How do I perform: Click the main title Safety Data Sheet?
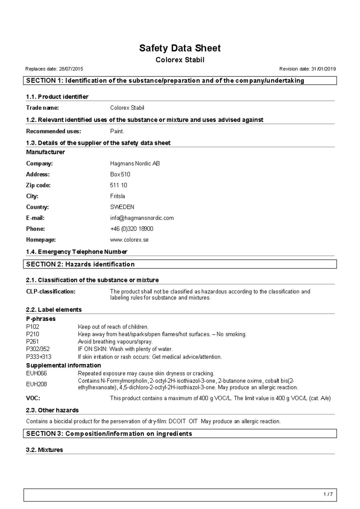(180, 48)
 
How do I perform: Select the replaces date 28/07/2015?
(71, 69)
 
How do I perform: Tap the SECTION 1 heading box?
(180, 81)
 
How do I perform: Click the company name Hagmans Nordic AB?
(135, 164)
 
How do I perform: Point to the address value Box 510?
(120, 174)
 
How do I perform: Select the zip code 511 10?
(118, 185)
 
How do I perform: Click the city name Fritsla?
(117, 196)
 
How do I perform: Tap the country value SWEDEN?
(122, 207)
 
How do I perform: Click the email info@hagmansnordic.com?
(142, 218)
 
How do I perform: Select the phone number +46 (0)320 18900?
(132, 229)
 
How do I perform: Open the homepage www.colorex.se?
(129, 240)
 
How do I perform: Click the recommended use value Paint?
(117, 131)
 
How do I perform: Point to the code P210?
(32, 334)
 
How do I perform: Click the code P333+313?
(39, 357)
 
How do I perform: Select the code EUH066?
(36, 374)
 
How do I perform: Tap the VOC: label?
(33, 398)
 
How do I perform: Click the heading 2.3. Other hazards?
(52, 410)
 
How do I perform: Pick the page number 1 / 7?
(328, 495)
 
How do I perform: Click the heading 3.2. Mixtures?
(44, 450)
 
